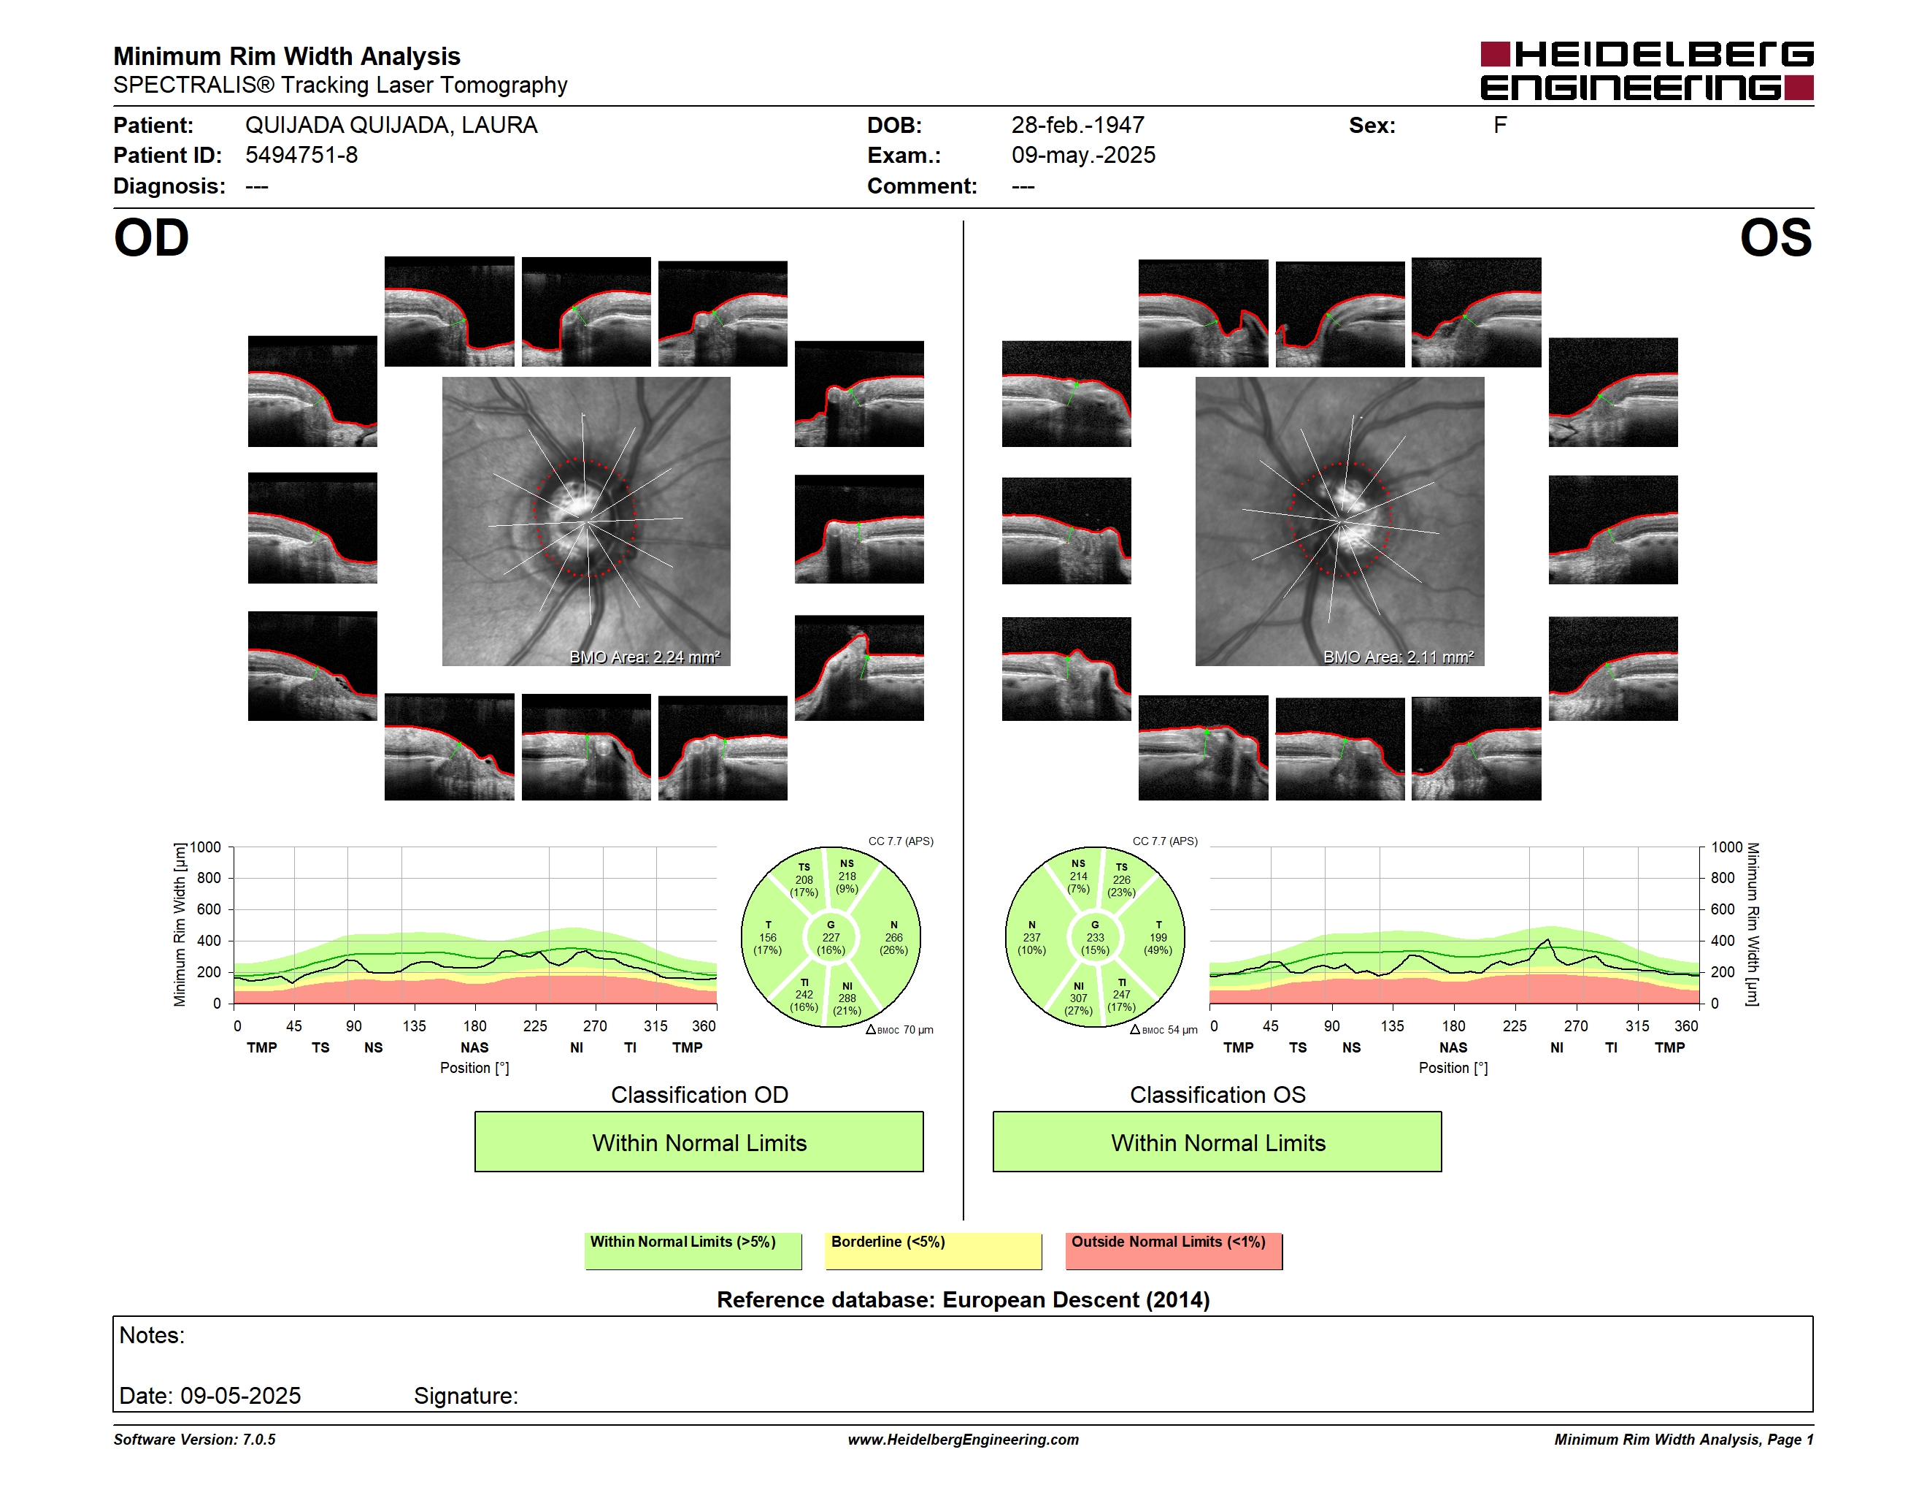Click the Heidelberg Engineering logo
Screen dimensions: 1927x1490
tap(1647, 71)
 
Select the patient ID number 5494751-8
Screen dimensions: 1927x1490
tap(301, 156)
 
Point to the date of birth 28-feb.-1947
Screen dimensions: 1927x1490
tap(1077, 126)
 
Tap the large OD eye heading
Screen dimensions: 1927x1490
tap(151, 238)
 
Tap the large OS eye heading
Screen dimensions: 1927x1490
tap(1775, 238)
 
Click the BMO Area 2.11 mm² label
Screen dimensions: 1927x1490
tap(1398, 657)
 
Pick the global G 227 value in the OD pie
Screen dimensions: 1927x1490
tap(830, 937)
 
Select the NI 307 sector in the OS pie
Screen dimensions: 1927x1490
tap(1078, 998)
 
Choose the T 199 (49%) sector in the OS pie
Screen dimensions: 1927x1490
tap(1158, 937)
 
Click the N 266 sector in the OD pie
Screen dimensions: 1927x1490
tap(893, 937)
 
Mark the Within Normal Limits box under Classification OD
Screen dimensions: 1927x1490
tap(699, 1142)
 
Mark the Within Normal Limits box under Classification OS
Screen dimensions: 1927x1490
tap(1217, 1142)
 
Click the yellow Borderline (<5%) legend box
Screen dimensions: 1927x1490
tap(933, 1250)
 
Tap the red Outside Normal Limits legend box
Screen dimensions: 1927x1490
tap(1174, 1250)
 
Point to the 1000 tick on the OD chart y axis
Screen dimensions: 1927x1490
tap(206, 847)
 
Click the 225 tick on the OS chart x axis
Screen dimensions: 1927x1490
tap(1514, 1025)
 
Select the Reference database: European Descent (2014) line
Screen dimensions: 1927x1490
tap(963, 1299)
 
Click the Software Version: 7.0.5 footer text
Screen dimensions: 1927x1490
tap(194, 1440)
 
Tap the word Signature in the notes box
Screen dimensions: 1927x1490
tap(465, 1396)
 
